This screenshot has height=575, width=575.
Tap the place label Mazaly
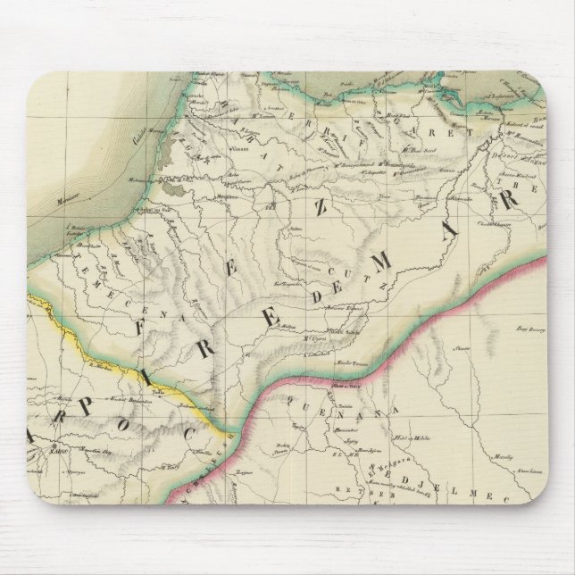click(505, 456)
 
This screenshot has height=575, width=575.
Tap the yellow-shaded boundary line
click(116, 361)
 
